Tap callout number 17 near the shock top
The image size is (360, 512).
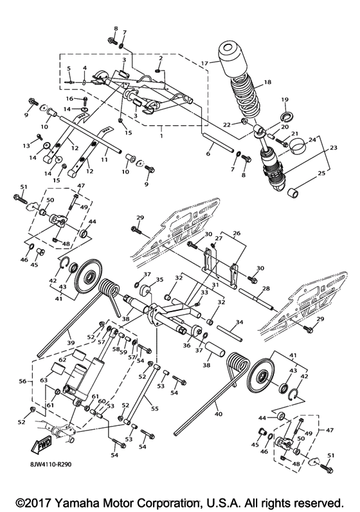click(204, 63)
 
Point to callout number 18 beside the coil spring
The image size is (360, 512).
click(267, 83)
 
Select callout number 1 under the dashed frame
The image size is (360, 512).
click(161, 137)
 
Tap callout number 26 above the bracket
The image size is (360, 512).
click(237, 233)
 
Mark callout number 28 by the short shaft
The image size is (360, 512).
click(266, 288)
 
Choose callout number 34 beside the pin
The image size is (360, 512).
click(239, 322)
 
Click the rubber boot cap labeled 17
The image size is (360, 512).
click(234, 58)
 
